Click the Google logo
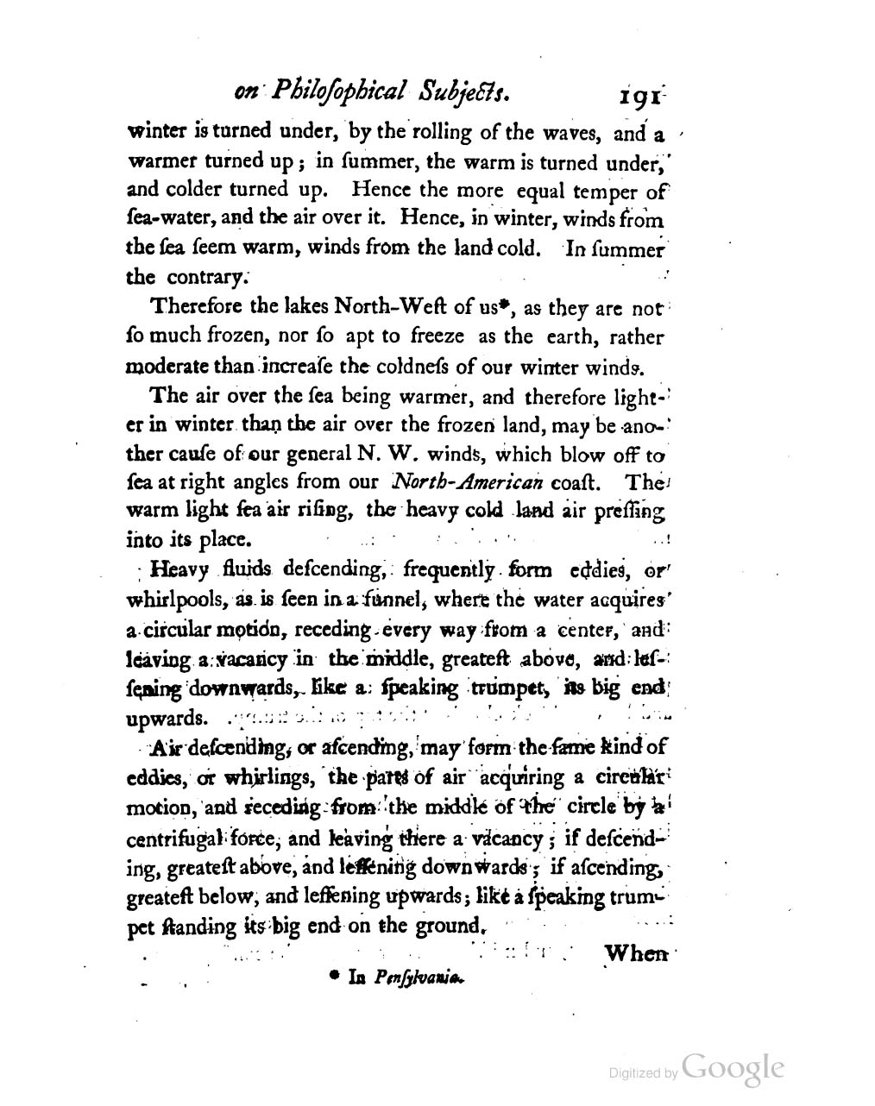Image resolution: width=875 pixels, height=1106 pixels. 733,1067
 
